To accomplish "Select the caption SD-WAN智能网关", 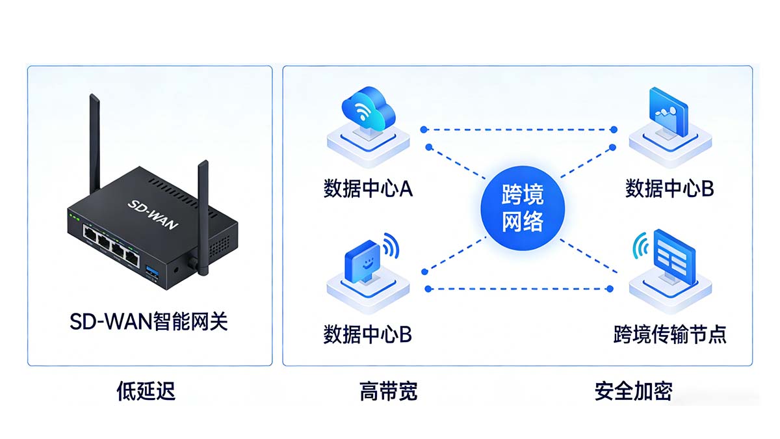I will click(149, 321).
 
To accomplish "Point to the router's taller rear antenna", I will click(96, 150).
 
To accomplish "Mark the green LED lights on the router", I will click(73, 217).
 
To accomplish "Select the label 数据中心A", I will click(368, 189).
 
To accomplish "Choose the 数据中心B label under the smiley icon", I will click(367, 335).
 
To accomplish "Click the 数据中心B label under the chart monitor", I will click(669, 189).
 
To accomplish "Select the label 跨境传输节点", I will click(669, 335).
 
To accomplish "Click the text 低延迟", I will click(146, 391).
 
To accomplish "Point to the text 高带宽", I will click(388, 391).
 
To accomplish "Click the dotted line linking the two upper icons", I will click(520, 129).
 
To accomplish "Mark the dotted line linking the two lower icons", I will click(520, 288).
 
